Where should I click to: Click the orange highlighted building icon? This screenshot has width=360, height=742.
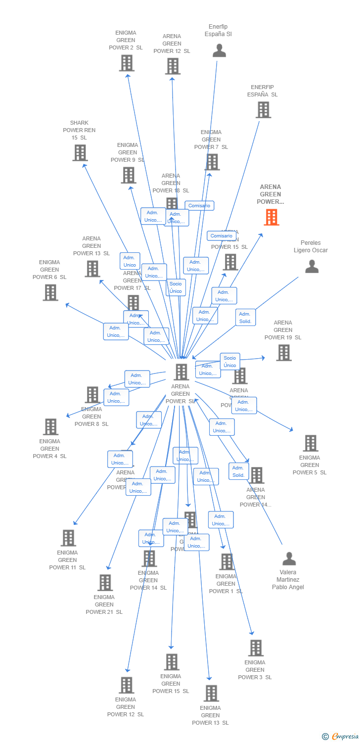[x=271, y=217]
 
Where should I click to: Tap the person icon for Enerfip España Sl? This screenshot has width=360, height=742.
[x=219, y=50]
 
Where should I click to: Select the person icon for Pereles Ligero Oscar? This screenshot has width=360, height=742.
[x=312, y=267]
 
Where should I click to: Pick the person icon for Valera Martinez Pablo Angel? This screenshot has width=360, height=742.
[x=289, y=559]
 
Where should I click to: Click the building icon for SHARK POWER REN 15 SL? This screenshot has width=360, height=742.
[x=80, y=153]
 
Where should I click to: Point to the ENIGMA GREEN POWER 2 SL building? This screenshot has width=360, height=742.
[x=127, y=63]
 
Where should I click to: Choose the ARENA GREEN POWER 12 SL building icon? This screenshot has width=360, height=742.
[x=173, y=66]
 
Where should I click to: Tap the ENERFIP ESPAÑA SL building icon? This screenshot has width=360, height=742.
[x=263, y=110]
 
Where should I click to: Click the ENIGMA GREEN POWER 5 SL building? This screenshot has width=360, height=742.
[x=310, y=443]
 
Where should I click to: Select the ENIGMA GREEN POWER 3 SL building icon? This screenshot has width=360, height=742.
[x=256, y=648]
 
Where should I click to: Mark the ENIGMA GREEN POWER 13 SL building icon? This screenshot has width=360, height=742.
[x=211, y=694]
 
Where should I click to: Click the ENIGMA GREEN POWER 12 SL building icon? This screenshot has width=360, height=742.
[x=127, y=685]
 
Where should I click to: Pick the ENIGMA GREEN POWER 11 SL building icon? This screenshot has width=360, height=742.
[x=68, y=538]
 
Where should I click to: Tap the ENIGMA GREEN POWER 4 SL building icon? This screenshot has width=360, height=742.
[x=50, y=427]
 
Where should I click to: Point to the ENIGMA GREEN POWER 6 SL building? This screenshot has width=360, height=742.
[x=50, y=292]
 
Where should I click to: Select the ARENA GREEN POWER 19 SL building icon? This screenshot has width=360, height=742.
[x=283, y=353]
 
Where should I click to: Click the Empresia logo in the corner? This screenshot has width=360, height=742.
[x=341, y=737]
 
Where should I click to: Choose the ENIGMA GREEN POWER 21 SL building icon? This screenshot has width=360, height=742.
[x=105, y=583]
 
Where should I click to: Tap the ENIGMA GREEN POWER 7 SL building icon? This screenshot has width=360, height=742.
[x=212, y=162]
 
